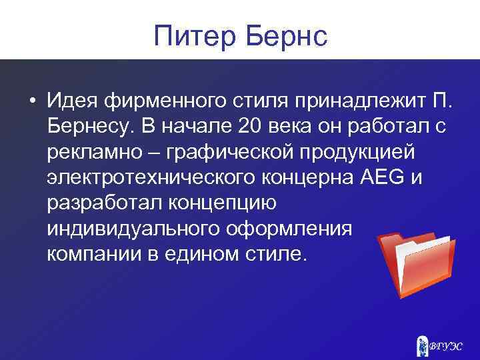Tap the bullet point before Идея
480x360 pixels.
(x=31, y=101)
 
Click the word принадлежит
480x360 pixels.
(x=351, y=101)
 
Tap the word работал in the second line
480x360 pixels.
(x=373, y=127)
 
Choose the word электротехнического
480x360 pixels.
(x=161, y=179)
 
